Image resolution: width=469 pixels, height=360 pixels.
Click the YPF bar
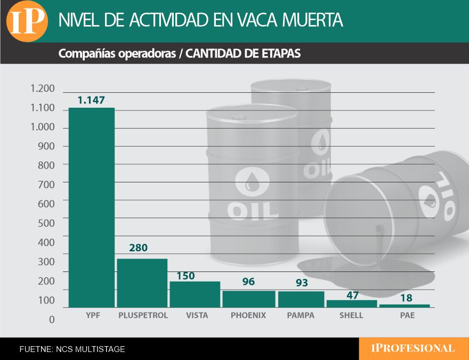[92, 207]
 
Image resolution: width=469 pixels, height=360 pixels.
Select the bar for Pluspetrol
[142, 283]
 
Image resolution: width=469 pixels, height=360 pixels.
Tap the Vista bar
[195, 294]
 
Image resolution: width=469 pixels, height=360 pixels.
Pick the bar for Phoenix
[248, 299]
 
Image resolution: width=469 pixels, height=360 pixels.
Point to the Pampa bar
[301, 299]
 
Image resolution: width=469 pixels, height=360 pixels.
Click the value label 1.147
[91, 100]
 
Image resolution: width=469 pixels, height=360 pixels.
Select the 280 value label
[138, 248]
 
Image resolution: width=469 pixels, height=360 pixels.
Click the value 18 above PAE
[407, 299]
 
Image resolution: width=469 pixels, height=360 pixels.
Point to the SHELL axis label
[351, 315]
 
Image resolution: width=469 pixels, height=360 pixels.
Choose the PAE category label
[407, 315]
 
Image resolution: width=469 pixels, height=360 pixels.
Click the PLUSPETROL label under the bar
[143, 315]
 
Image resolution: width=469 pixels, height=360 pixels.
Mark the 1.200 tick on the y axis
[43, 89]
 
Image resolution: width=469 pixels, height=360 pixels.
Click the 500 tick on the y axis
[46, 223]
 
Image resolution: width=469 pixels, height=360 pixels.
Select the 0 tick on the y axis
[52, 319]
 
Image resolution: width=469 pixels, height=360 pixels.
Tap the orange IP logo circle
[27, 21]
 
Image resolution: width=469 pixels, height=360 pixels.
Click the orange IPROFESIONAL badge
[413, 349]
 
